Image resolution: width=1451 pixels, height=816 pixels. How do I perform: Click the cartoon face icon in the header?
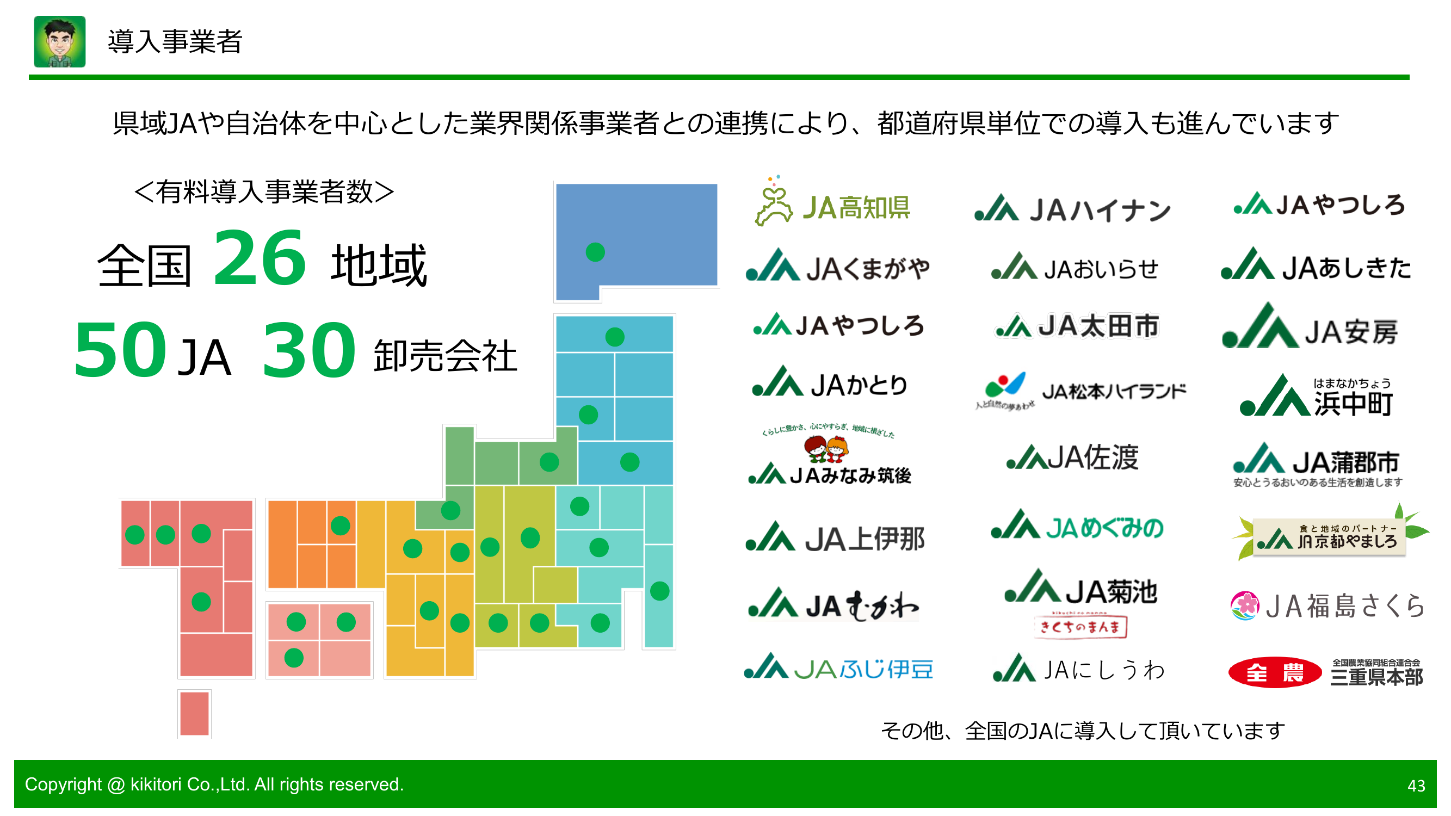[x=60, y=42]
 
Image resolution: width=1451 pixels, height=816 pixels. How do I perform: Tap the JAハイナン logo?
[x=1072, y=209]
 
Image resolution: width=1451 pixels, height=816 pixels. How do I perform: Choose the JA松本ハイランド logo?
[x=1080, y=390]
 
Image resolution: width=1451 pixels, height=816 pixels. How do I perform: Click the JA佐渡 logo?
[x=1072, y=457]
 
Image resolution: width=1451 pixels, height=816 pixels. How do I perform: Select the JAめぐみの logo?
[x=1077, y=527]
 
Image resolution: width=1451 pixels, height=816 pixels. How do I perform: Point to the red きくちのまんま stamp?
[x=1080, y=626]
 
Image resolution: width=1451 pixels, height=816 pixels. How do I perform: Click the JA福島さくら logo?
[x=1326, y=606]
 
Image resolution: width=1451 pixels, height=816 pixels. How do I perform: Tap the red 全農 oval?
[x=1274, y=672]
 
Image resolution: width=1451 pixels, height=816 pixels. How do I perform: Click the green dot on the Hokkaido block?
[x=595, y=252]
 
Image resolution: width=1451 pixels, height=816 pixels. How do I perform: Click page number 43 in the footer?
[x=1416, y=786]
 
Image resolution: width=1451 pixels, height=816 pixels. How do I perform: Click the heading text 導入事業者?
[x=175, y=42]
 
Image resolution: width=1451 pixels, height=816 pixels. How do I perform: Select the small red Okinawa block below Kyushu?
[x=194, y=713]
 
